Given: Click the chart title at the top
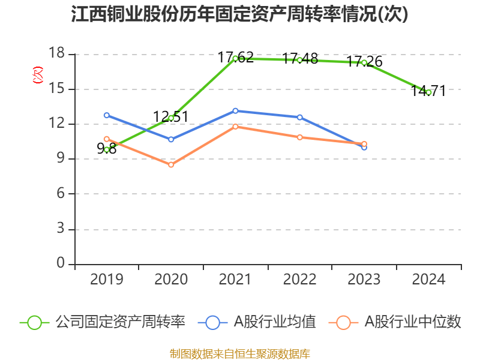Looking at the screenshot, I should [240, 14].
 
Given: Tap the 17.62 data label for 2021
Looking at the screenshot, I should [235, 58].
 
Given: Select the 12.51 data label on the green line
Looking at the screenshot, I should [170, 116].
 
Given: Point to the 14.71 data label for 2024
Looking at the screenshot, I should [428, 91].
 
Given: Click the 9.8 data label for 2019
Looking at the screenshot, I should [107, 149].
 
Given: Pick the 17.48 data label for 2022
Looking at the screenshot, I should [300, 59].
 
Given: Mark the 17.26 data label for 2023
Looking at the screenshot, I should [364, 61].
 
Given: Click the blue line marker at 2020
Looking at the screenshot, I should [171, 139].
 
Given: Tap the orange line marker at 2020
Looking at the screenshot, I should [171, 164].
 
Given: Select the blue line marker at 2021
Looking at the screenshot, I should [235, 110].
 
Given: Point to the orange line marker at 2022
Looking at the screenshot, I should [300, 137].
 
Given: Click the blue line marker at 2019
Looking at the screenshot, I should [107, 115].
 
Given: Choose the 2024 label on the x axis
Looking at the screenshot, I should [428, 280].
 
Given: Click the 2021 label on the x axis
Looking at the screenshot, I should [235, 280].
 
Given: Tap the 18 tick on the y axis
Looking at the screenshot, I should [58, 54].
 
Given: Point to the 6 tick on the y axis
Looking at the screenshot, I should [61, 194].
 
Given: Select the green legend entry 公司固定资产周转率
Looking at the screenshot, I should [102, 322].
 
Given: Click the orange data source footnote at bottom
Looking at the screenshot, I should [240, 353].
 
